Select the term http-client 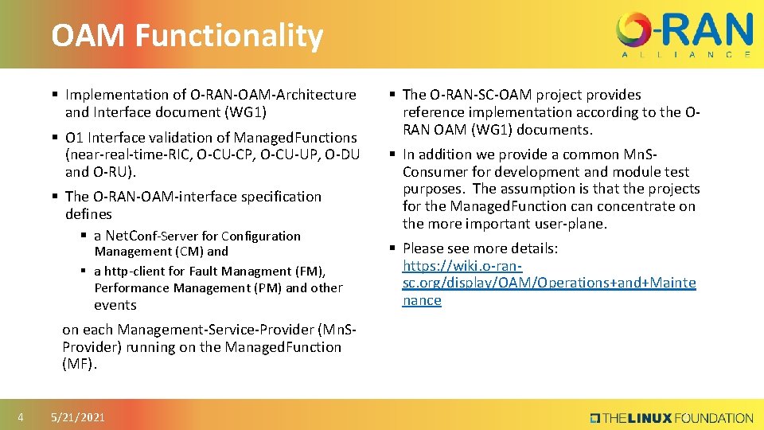[138, 271]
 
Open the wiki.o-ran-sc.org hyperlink [548, 283]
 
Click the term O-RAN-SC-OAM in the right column [479, 94]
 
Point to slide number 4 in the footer [21, 417]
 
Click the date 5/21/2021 [77, 417]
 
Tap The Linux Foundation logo [671, 417]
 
